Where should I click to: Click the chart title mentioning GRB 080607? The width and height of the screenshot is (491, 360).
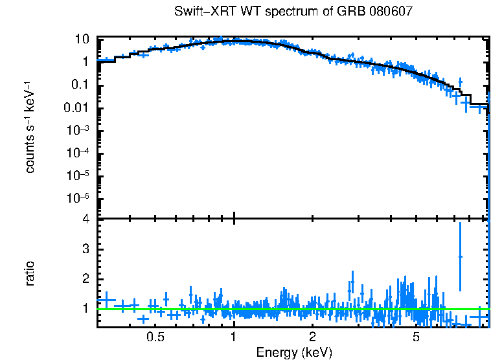click(x=293, y=12)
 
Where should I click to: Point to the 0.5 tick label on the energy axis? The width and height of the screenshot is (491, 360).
click(x=155, y=337)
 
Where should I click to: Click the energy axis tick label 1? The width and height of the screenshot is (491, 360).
click(x=233, y=337)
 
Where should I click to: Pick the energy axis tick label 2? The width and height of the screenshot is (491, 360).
click(x=312, y=337)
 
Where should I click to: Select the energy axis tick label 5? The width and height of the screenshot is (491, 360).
click(x=416, y=337)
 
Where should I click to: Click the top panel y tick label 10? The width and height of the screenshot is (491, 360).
click(x=82, y=39)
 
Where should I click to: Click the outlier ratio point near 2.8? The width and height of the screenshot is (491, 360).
click(x=460, y=256)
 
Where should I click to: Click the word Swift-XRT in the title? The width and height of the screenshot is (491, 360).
click(x=201, y=12)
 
